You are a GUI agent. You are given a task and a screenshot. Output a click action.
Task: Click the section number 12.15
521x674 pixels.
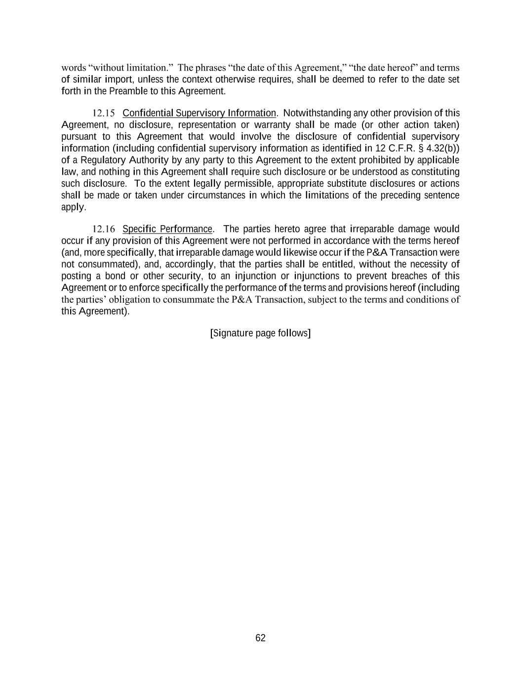[104, 114]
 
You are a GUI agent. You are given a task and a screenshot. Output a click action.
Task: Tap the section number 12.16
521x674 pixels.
[104, 229]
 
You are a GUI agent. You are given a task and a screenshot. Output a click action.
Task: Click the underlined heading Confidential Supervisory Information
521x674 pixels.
[199, 113]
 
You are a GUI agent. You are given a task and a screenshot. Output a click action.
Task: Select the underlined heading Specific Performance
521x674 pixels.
[167, 229]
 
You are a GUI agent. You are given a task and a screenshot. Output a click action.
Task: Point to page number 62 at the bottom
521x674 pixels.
[260, 638]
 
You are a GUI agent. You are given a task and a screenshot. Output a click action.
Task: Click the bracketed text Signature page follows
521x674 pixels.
[260, 333]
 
